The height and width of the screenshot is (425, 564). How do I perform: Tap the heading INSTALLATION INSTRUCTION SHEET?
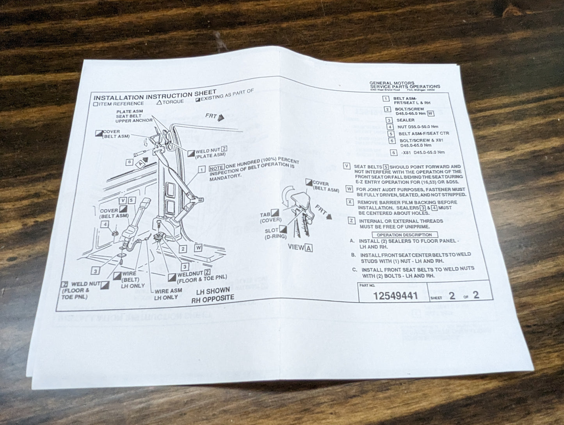click(x=155, y=95)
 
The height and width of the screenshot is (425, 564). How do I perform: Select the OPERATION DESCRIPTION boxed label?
click(x=404, y=235)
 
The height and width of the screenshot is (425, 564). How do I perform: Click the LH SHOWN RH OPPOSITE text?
click(x=212, y=295)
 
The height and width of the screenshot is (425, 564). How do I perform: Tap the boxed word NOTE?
click(x=217, y=168)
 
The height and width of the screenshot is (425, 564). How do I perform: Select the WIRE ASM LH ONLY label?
click(x=168, y=294)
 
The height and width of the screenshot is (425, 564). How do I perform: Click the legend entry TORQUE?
click(x=171, y=102)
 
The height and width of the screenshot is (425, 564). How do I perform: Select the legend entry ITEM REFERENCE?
click(x=119, y=104)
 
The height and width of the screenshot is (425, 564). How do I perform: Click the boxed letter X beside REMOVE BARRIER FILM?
click(x=350, y=202)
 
